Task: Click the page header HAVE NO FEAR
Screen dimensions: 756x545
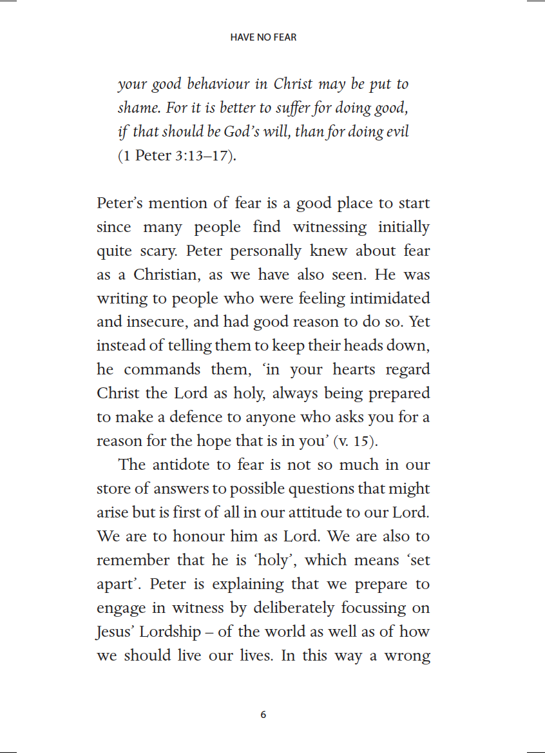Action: pyautogui.click(x=263, y=37)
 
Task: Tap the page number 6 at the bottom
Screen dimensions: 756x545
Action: pyautogui.click(x=263, y=715)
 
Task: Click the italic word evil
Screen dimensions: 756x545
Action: pyautogui.click(x=396, y=132)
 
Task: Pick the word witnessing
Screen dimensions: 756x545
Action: pyautogui.click(x=330, y=227)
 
